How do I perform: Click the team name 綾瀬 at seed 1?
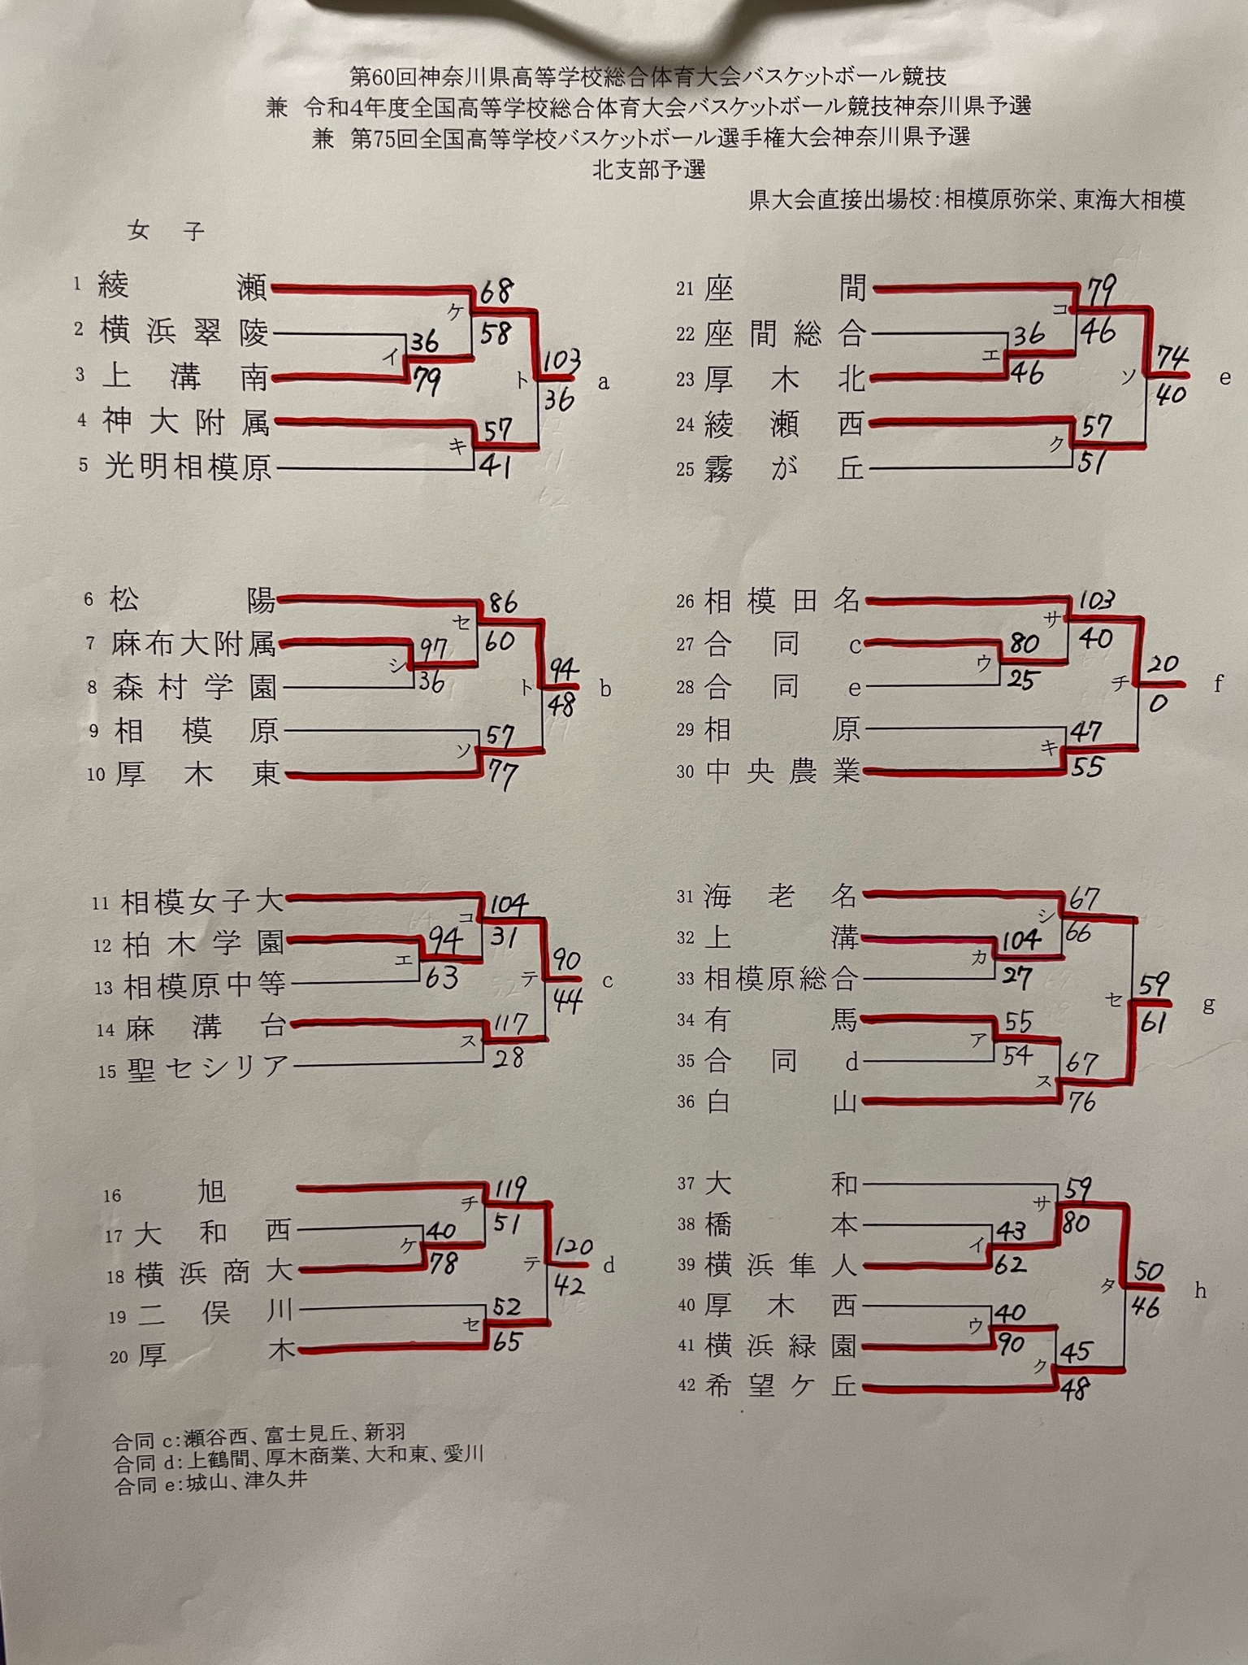tap(182, 287)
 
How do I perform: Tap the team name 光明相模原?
tap(188, 467)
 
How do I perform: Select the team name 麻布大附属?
tap(194, 645)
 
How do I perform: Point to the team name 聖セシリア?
tap(206, 1067)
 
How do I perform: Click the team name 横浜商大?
tap(212, 1272)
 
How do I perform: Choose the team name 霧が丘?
tap(785, 469)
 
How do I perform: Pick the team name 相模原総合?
tap(780, 979)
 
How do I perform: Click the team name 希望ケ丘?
tap(781, 1386)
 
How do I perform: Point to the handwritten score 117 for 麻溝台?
tap(509, 1024)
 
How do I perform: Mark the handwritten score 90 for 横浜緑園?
tap(1012, 1344)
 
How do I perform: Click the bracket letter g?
tap(1208, 1006)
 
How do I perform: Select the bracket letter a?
tap(603, 382)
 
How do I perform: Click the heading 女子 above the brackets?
tap(166, 232)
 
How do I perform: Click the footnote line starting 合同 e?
tap(211, 1480)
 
